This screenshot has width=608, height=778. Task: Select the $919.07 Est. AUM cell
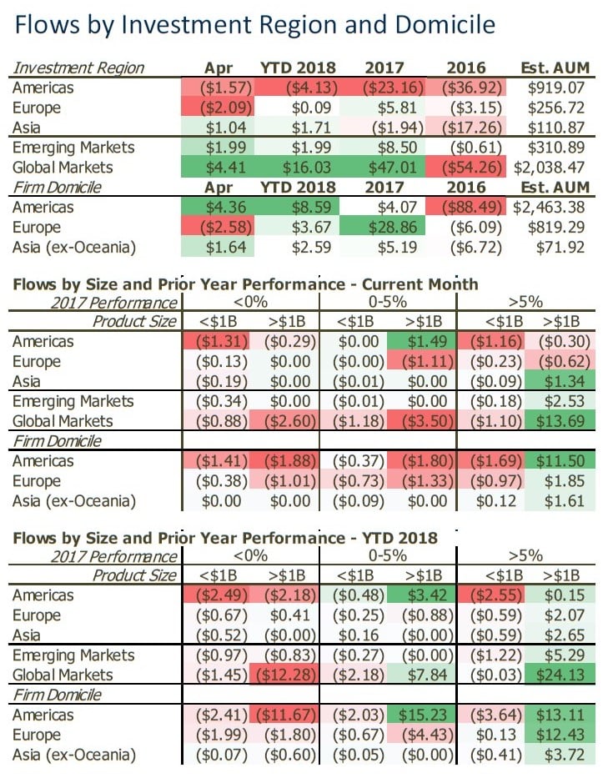(556, 88)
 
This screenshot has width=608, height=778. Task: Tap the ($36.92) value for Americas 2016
(466, 88)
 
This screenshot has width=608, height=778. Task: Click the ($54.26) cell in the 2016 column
(466, 168)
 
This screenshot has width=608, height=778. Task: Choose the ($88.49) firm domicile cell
(466, 208)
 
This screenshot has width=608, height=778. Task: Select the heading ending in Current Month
(245, 284)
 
